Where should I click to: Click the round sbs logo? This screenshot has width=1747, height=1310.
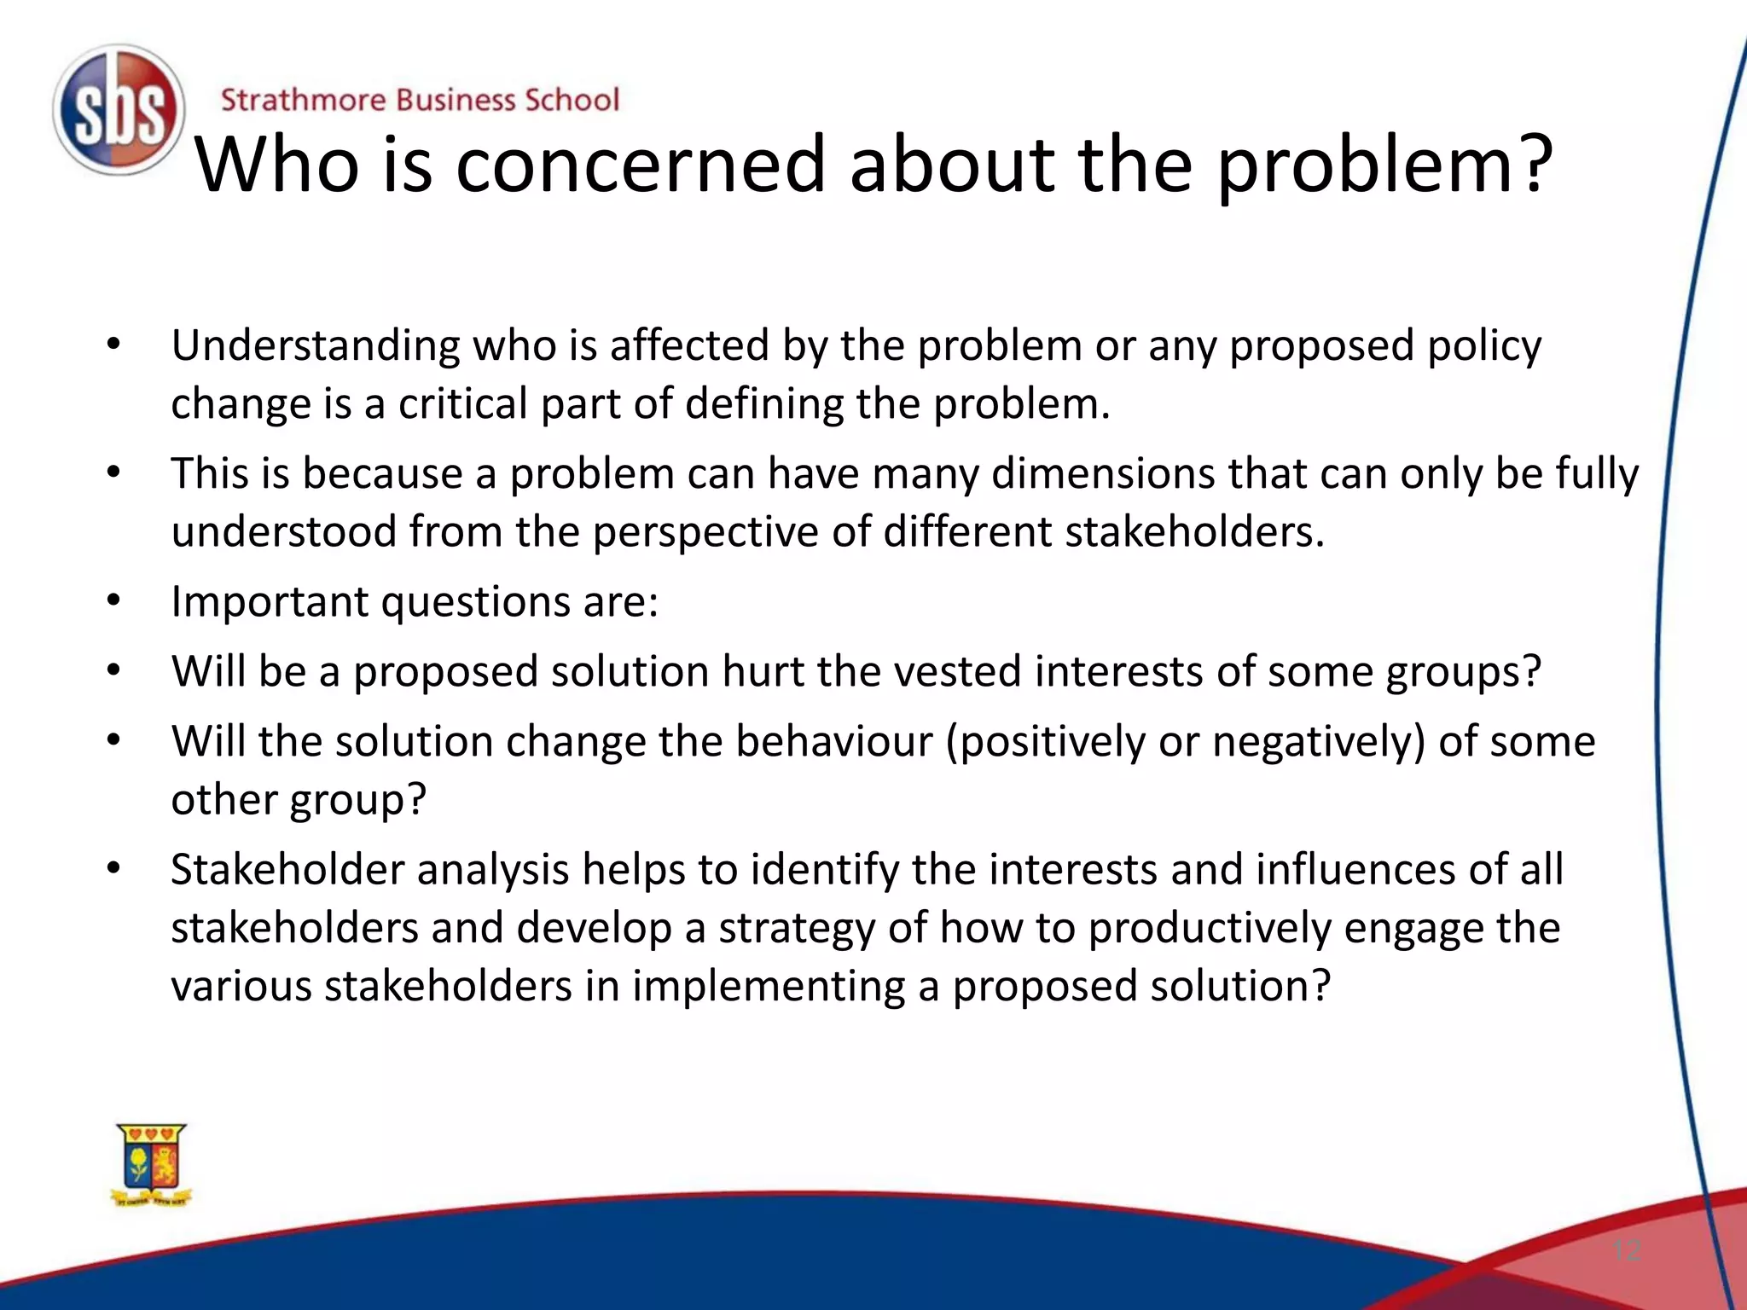119,110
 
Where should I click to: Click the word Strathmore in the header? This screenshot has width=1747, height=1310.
303,100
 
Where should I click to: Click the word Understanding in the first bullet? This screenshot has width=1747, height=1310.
316,345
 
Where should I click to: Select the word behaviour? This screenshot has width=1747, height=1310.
834,741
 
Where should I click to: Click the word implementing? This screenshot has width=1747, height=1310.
768,986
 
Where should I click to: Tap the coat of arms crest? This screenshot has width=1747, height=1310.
152,1165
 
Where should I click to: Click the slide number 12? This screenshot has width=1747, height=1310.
1627,1250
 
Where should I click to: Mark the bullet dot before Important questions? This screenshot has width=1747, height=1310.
114,600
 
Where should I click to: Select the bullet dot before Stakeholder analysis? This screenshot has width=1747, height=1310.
114,869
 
